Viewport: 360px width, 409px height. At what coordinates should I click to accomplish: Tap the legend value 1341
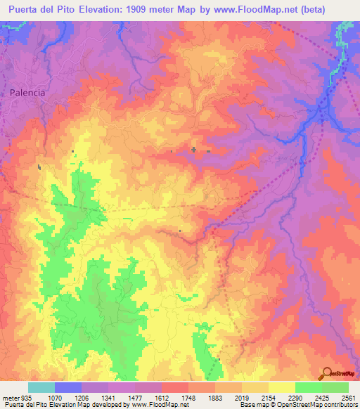coord(108,398)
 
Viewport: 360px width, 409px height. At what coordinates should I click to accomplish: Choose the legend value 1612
coord(162,398)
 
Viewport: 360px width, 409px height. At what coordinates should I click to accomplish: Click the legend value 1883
coord(215,398)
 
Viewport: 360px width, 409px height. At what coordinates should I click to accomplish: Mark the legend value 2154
coord(269,398)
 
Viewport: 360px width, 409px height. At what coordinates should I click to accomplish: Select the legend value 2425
coord(322,398)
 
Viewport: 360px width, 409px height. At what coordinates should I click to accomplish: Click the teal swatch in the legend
coord(41,387)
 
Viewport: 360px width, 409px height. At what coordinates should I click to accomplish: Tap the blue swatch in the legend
coord(68,387)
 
